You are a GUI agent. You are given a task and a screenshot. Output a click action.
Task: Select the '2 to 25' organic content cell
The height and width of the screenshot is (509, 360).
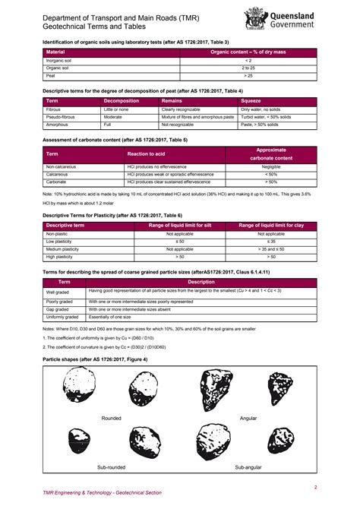click(248, 68)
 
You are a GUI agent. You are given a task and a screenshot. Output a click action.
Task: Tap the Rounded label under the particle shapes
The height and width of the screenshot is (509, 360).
click(111, 418)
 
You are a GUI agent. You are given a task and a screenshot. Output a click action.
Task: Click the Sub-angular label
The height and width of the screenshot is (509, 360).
click(248, 466)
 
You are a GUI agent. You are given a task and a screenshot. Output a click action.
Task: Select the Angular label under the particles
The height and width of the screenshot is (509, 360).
click(248, 418)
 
